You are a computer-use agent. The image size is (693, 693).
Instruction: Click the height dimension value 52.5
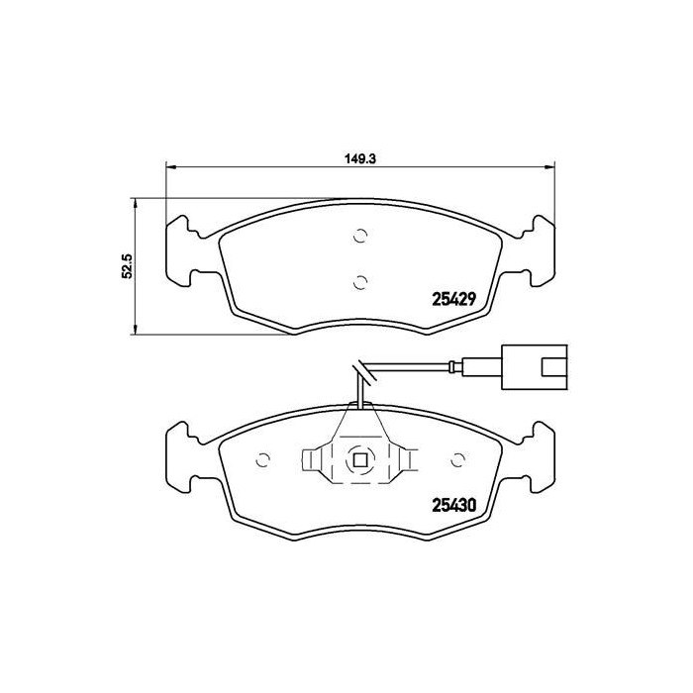[127, 267]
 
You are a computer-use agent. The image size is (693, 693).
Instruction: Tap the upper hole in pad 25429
[360, 236]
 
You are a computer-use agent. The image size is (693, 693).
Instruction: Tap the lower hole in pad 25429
[360, 281]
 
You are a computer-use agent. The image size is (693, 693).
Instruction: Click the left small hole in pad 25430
[263, 459]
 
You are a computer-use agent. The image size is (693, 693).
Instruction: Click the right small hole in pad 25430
[457, 459]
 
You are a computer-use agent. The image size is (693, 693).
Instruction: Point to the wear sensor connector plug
[535, 363]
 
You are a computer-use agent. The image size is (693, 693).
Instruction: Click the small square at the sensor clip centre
[360, 459]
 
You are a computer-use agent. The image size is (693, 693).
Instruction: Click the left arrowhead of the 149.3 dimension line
[169, 167]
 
